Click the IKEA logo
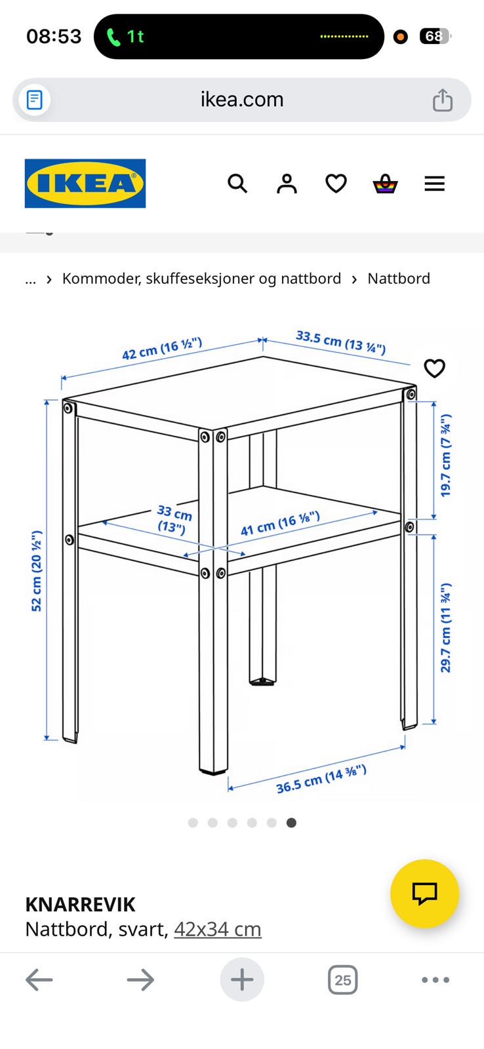pos(85,183)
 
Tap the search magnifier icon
pos(237,184)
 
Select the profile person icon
pos(287,184)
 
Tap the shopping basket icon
pos(385,184)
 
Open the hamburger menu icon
pos(434,184)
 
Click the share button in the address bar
pos(442,100)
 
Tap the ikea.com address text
pos(242,100)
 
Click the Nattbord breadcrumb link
pos(399,279)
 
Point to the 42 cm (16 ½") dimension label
pos(162,348)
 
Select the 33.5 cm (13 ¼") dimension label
pos(340,342)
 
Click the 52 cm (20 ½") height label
pos(37,571)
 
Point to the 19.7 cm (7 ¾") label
pos(445,455)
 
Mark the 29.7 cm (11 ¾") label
pos(445,627)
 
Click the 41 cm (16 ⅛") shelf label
pos(280,523)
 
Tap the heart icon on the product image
pos(434,368)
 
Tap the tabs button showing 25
pos(343,980)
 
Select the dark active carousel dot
pos(291,823)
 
